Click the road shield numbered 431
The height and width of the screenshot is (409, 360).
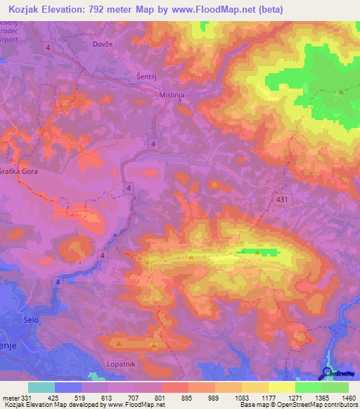[x=281, y=200]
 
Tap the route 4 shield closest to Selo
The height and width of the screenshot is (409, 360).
[x=56, y=281]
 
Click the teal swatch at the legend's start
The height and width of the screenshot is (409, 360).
[x=41, y=387]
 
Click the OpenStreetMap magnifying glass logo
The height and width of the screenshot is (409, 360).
[x=327, y=373]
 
